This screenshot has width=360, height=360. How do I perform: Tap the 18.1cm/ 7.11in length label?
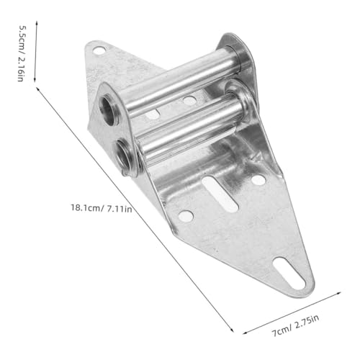tap(102, 208)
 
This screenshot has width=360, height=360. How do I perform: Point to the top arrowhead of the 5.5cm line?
tap(37, 22)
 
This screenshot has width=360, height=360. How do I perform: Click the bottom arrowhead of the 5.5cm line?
tap(35, 80)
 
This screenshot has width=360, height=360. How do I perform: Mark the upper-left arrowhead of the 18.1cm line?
tap(37, 89)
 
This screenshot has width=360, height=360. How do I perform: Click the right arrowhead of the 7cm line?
tap(338, 293)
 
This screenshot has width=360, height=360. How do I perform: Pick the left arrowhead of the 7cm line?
tap(245, 333)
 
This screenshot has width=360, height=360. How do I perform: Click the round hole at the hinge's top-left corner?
tap(99, 50)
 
